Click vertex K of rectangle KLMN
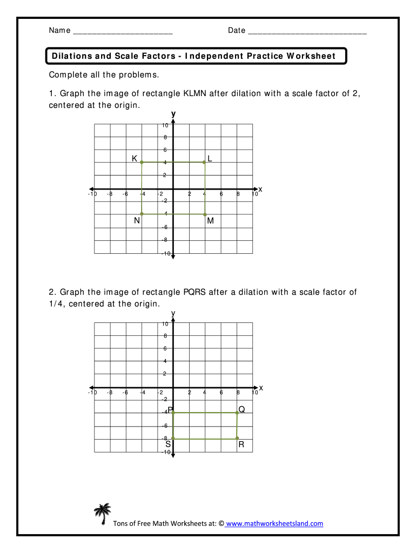[x=142, y=162]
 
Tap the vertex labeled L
[x=204, y=162]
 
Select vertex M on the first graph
[x=205, y=214]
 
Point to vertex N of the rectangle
[x=142, y=214]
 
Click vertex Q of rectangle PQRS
[x=237, y=413]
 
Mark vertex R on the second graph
[x=237, y=439]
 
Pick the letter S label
[x=168, y=444]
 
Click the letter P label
[x=170, y=410]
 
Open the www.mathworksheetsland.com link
[x=274, y=523]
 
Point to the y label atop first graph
[x=173, y=114]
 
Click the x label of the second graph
[x=260, y=388]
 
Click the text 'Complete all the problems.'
[x=104, y=75]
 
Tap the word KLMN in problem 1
[x=196, y=93]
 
